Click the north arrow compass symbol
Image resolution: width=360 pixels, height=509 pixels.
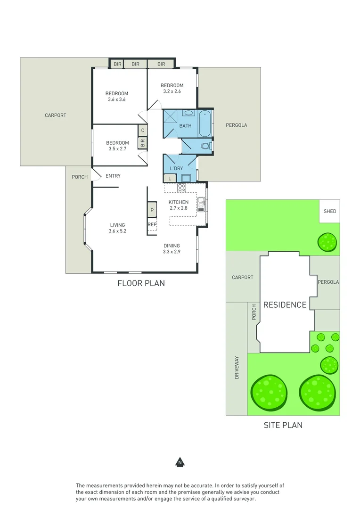point(180,462)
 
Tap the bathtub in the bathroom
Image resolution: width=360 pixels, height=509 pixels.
point(205,123)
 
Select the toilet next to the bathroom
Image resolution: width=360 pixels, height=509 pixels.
point(206,146)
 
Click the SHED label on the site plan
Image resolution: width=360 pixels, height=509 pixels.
point(330,211)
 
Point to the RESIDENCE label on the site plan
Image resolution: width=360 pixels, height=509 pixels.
point(285,305)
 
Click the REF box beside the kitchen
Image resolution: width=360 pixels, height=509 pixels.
point(152,225)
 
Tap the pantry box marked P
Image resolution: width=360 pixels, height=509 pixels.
point(152,210)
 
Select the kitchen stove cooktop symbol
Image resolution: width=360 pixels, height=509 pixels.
point(181,188)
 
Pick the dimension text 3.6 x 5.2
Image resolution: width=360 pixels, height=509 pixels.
point(117,231)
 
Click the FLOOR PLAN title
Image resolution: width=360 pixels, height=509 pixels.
point(141,283)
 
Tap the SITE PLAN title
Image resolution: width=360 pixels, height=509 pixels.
point(283,425)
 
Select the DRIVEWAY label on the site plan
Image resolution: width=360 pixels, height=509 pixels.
point(237,368)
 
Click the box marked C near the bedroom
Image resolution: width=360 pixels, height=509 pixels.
point(142,130)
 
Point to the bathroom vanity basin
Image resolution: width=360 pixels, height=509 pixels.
point(188,113)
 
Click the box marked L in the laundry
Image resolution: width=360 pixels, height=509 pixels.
point(170,178)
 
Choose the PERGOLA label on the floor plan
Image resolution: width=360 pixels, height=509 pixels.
point(236,125)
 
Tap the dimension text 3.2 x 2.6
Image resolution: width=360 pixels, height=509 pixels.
point(172,91)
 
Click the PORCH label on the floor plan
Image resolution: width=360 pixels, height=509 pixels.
point(80,177)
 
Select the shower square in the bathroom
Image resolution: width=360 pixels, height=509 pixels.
point(171,116)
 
